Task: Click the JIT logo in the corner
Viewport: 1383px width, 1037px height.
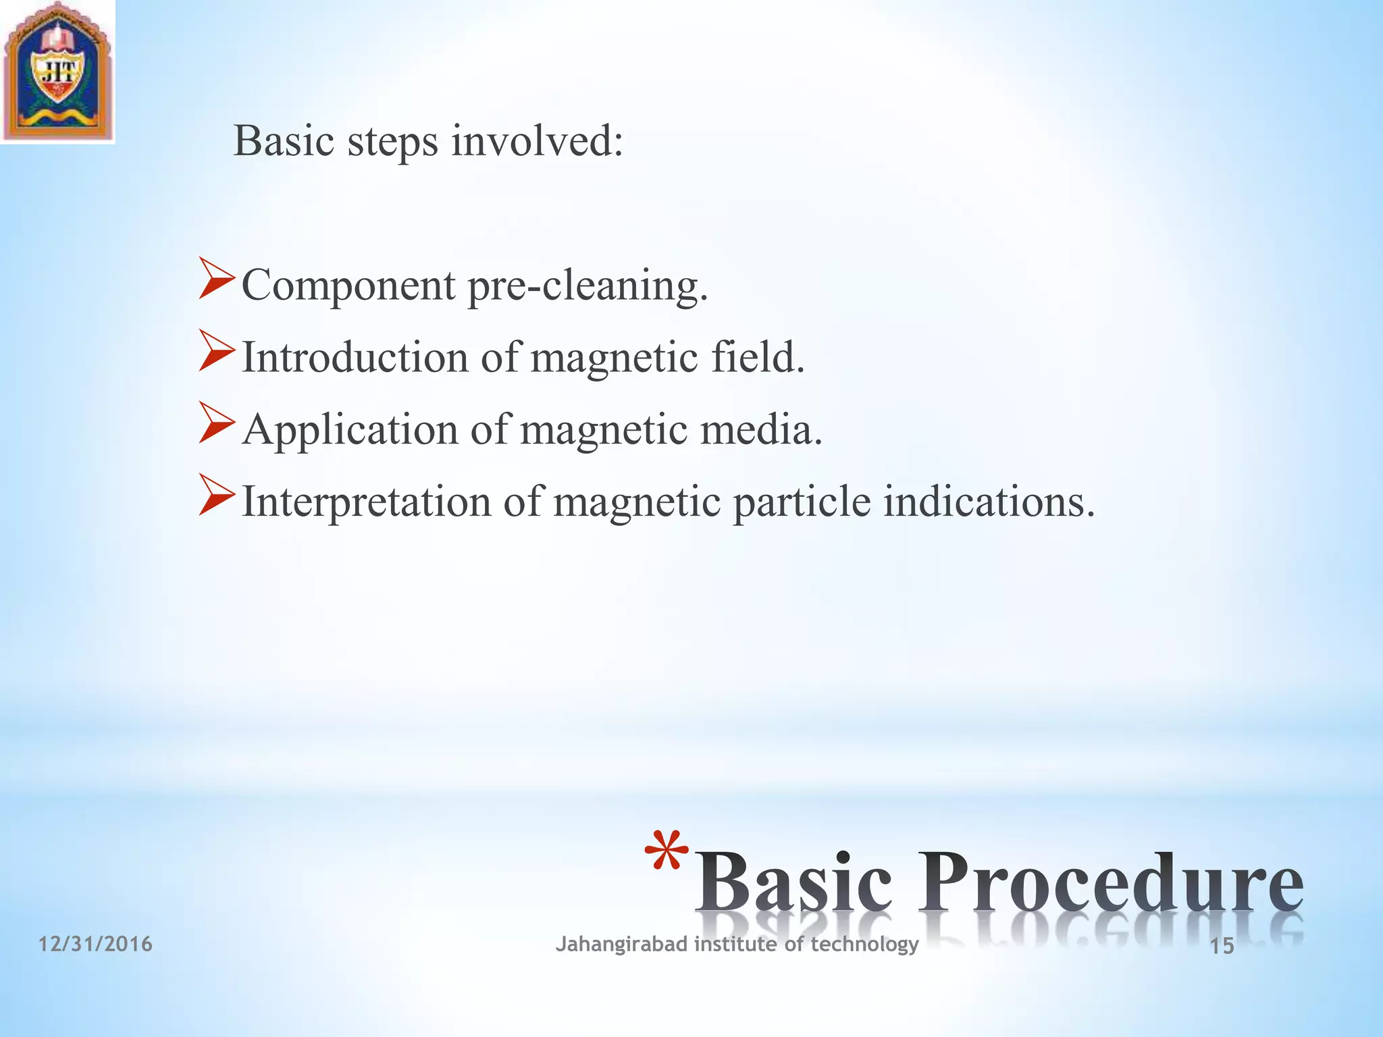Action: click(57, 71)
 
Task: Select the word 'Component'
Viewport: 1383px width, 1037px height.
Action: click(348, 286)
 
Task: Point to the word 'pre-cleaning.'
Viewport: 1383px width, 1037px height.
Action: click(588, 286)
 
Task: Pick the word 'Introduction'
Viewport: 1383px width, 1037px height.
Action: click(355, 357)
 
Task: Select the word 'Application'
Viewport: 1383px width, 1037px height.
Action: click(350, 431)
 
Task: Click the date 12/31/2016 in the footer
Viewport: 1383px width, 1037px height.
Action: click(95, 944)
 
